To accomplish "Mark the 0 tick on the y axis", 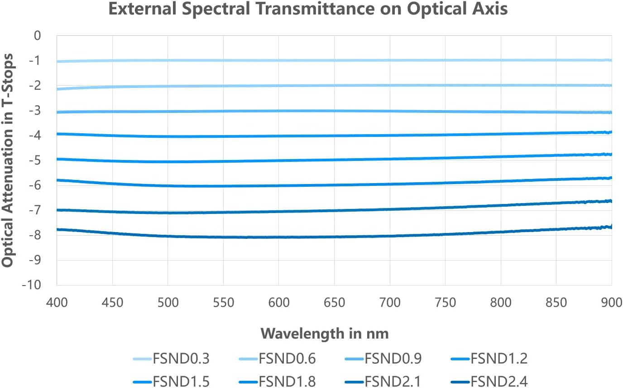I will pyautogui.click(x=38, y=35).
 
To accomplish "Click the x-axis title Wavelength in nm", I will pyautogui.click(x=325, y=334).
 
